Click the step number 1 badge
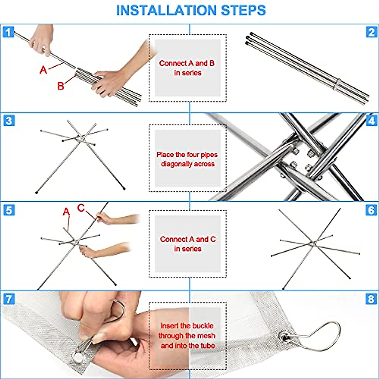(9, 32)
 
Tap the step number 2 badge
(371, 32)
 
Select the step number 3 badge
(9, 121)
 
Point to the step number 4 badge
(371, 121)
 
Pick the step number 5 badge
(9, 210)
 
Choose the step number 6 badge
(371, 210)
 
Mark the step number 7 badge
(9, 299)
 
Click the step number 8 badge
(371, 299)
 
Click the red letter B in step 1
(61, 86)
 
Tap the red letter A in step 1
(43, 70)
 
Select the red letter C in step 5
(81, 208)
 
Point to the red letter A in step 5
(66, 212)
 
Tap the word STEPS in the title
(243, 10)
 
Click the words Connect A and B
(187, 63)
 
